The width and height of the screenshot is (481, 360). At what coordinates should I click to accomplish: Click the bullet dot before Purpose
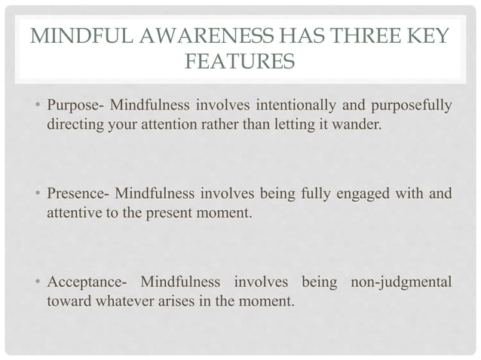tap(38, 104)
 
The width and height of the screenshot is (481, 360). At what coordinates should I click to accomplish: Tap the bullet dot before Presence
tap(38, 194)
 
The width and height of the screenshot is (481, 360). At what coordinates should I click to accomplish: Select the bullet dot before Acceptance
tap(38, 285)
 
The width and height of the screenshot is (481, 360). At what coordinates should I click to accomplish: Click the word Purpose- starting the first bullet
tap(75, 103)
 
